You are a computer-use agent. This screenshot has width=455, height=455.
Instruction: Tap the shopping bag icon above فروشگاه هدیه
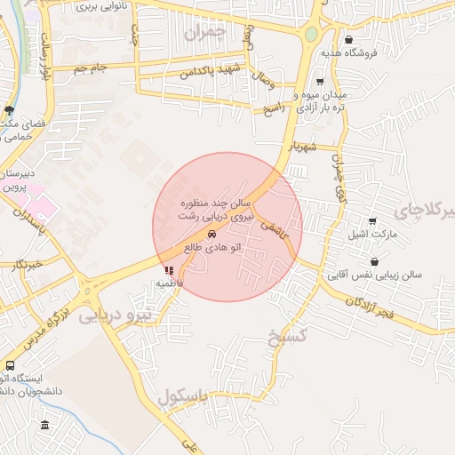pos(349,39)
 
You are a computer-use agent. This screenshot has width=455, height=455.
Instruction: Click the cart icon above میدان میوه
pos(320,82)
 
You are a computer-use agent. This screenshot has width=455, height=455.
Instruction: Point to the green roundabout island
pos(311,34)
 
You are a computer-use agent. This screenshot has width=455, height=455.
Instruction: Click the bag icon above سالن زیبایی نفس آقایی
pos(375,262)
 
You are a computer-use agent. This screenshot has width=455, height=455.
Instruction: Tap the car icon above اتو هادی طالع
pos(212,234)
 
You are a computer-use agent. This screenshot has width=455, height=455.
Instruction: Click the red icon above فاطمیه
pos(168,269)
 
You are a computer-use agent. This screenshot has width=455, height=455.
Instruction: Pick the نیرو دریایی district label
pos(116,314)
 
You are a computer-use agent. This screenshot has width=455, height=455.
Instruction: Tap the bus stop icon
pos(10,365)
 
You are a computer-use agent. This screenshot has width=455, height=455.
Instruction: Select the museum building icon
pos(44,425)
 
